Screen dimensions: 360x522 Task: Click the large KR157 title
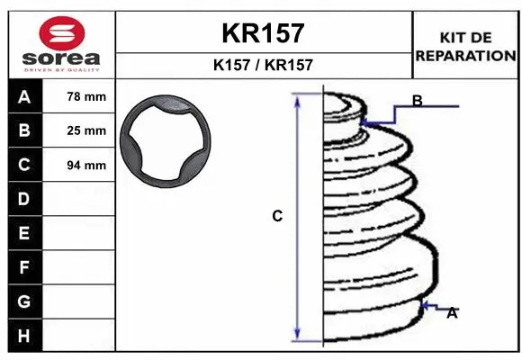click(x=264, y=33)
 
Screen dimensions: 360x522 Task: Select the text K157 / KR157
click(x=264, y=65)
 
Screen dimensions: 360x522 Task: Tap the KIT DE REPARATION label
click(x=465, y=46)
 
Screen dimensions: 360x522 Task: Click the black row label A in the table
click(x=23, y=96)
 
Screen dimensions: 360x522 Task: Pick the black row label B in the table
click(x=23, y=130)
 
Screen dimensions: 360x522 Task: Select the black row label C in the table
click(x=23, y=165)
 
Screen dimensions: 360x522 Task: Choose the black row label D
click(x=23, y=199)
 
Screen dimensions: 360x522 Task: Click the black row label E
click(x=23, y=233)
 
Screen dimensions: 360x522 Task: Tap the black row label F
click(x=23, y=267)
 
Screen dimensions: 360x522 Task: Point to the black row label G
click(x=23, y=301)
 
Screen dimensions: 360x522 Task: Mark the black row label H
click(x=23, y=336)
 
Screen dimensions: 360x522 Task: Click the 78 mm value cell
click(x=86, y=96)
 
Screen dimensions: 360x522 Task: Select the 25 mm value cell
click(x=86, y=130)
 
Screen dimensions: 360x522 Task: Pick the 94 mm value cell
click(x=86, y=165)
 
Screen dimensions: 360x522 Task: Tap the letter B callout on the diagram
click(x=417, y=101)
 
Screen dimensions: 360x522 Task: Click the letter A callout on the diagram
click(x=452, y=313)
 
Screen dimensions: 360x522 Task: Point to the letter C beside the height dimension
click(x=278, y=216)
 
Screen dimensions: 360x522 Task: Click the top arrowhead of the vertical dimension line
click(x=296, y=97)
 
